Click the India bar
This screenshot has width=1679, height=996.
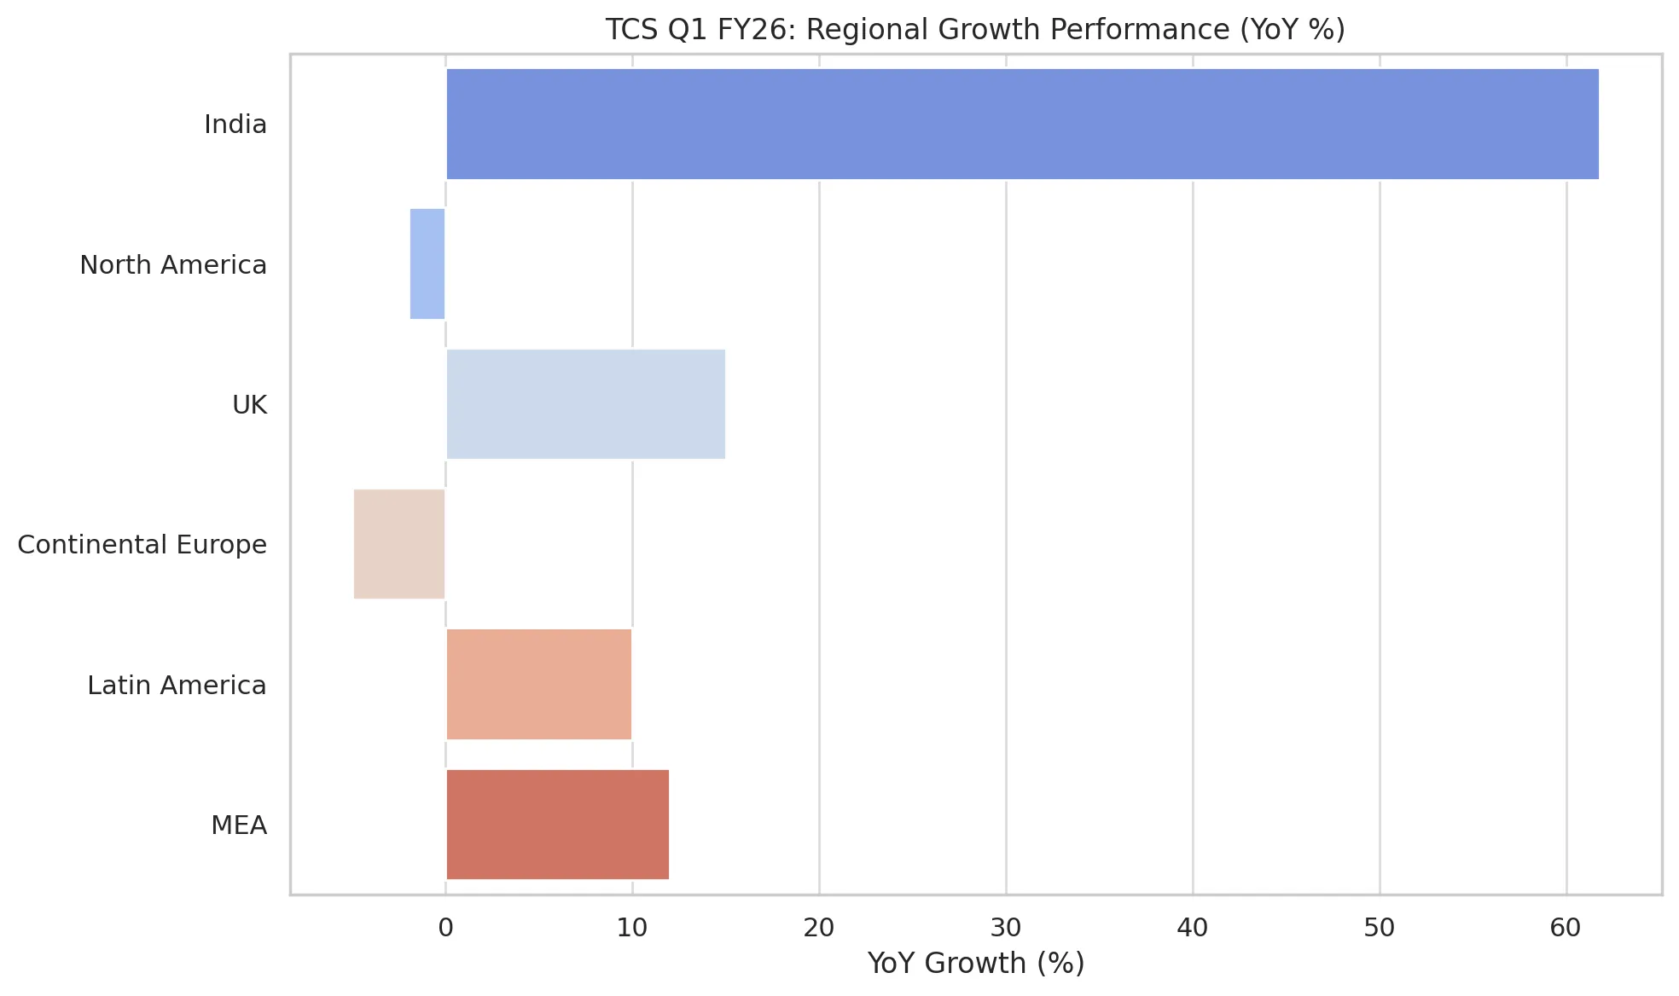(x=1022, y=124)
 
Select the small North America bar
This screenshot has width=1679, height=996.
(x=427, y=263)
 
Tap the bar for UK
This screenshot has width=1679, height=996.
(x=585, y=404)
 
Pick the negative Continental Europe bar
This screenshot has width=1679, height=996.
(x=399, y=544)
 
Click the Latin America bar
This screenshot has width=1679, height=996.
(x=538, y=685)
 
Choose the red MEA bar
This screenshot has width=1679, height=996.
(x=557, y=825)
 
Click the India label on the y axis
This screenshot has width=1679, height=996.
(x=235, y=124)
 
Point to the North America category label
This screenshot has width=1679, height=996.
(x=173, y=265)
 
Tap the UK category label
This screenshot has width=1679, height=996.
(x=250, y=405)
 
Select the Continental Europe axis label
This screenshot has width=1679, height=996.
(x=142, y=545)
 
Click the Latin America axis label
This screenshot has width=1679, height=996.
(x=177, y=686)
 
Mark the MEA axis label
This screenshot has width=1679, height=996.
(x=240, y=825)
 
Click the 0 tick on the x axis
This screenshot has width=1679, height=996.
(x=445, y=928)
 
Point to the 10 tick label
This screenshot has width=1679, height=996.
(x=632, y=928)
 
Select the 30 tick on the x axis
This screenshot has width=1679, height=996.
(x=1006, y=928)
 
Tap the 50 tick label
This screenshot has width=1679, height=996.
(x=1380, y=928)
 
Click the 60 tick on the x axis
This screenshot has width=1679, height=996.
(x=1566, y=928)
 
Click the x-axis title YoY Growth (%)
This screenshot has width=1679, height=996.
(x=976, y=964)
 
